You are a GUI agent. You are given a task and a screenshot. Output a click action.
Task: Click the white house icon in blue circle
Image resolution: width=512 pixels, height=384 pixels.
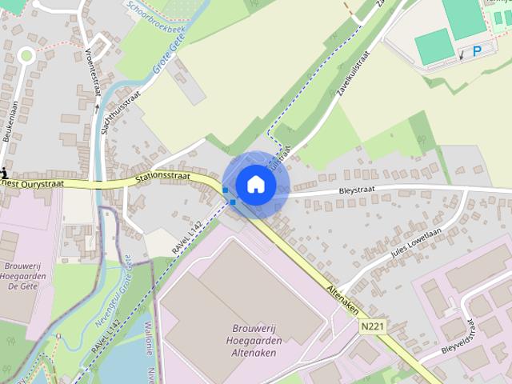(x=255, y=185)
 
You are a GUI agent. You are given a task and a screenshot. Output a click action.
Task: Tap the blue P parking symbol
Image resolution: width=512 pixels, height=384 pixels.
(x=478, y=51)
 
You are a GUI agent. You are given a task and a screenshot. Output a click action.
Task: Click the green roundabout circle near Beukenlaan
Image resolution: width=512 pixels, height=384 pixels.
(x=26, y=55)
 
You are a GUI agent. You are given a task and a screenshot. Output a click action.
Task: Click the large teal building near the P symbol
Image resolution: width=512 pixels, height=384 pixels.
(x=434, y=46)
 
